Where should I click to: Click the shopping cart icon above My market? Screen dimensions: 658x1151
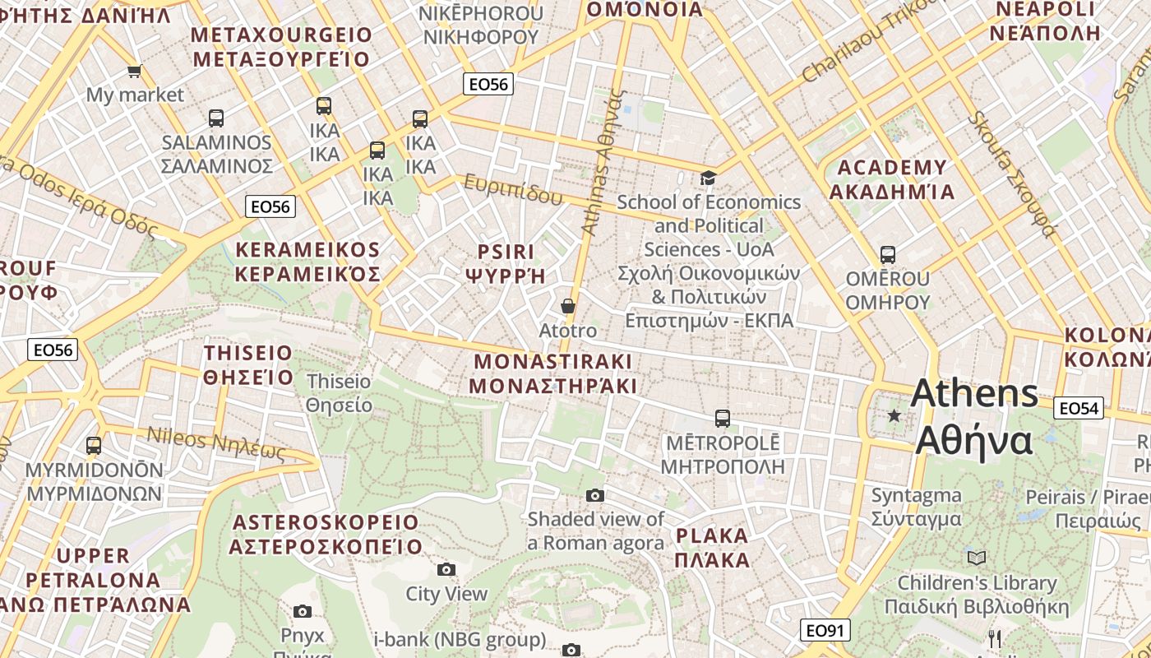pos(134,71)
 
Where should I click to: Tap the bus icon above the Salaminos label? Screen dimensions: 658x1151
pos(216,118)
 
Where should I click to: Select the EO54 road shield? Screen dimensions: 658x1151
pos(1079,408)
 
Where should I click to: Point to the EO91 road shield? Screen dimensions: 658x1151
pos(825,631)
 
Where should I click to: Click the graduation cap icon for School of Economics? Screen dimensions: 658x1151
pos(708,178)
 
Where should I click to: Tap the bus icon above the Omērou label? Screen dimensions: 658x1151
pos(887,254)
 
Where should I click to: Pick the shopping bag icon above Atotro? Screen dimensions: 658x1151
pos(567,306)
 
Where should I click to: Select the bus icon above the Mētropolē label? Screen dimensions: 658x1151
pos(722,419)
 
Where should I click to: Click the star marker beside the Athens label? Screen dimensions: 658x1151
pos(894,416)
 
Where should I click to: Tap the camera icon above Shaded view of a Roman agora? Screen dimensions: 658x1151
pos(595,495)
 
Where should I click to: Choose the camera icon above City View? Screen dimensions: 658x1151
pos(446,569)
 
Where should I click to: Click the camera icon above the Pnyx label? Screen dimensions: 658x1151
pos(303,611)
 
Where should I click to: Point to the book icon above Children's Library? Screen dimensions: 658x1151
pos(976,558)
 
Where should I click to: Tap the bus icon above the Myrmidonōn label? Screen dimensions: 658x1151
pos(94,446)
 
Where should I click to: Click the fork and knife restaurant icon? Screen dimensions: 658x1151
pos(995,638)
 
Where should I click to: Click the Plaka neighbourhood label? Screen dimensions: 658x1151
pos(712,549)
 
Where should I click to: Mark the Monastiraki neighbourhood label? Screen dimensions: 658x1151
pos(552,373)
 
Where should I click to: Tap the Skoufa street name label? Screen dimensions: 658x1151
pos(1010,174)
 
